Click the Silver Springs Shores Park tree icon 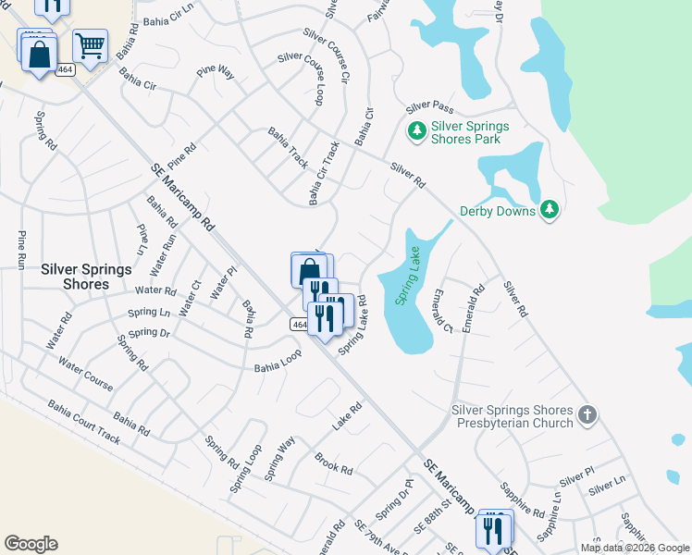coord(416,131)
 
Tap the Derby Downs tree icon coord(550,210)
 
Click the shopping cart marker coord(90,44)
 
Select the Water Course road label coord(85,373)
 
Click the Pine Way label coord(216,71)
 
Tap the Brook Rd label coord(333,463)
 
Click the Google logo coord(31,544)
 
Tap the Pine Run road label coord(20,250)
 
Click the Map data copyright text coord(635,548)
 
